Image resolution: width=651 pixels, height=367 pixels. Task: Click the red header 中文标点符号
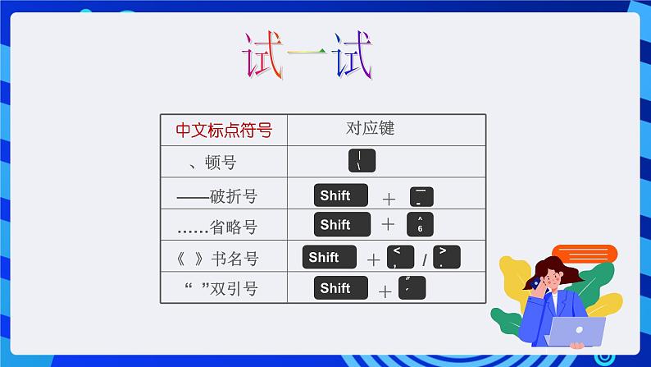(x=223, y=130)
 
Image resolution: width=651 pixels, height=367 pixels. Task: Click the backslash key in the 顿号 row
(x=362, y=161)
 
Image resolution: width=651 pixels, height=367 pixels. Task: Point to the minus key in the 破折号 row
(x=420, y=197)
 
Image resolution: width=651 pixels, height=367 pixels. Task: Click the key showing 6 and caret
(x=420, y=225)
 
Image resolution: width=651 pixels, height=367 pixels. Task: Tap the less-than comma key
(x=400, y=258)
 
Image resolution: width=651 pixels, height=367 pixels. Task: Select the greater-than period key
(x=446, y=258)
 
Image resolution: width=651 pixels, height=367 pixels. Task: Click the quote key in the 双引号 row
(x=412, y=288)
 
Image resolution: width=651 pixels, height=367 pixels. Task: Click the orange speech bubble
(x=584, y=253)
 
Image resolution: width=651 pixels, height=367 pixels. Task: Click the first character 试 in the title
(x=262, y=56)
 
